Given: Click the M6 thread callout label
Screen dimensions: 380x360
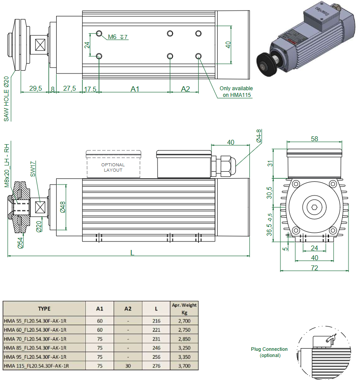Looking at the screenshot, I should [x=112, y=37].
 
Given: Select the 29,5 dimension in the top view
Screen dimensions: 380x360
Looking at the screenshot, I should [x=35, y=88].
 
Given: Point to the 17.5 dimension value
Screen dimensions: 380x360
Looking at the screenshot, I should [x=90, y=89].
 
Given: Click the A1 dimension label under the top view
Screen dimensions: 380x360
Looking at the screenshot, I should [x=135, y=89].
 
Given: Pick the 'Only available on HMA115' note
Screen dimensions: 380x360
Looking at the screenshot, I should [x=236, y=92].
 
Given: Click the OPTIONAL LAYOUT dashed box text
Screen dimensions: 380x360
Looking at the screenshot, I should [x=113, y=167].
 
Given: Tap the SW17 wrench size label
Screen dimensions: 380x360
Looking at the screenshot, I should [x=33, y=169].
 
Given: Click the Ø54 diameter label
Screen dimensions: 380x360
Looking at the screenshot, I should [x=20, y=243].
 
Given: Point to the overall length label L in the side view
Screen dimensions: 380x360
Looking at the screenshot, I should [x=132, y=252].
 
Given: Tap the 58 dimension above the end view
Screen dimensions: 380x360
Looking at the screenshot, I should [x=314, y=139].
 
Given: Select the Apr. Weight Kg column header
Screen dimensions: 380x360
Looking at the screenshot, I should [x=184, y=308].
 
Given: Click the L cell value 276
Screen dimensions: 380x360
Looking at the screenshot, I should [x=156, y=366].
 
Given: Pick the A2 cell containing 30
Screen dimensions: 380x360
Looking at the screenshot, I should [x=128, y=366].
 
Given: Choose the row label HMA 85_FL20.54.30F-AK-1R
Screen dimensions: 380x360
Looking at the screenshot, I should [x=35, y=348].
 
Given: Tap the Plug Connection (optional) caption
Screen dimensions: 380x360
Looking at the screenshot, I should [x=269, y=352].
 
